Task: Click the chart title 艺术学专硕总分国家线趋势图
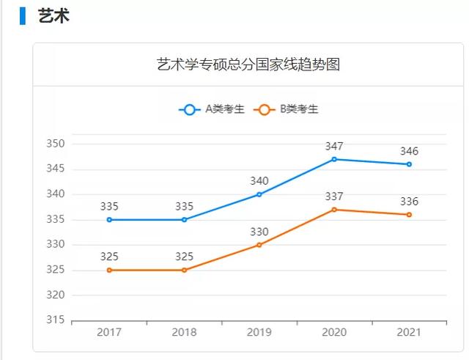249,65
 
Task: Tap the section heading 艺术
53,15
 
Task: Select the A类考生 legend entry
212,109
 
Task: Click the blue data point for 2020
334,159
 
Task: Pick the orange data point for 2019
259,245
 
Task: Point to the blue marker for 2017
109,219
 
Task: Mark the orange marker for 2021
409,215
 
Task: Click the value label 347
334,146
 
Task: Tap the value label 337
334,196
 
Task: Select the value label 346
409,151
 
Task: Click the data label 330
259,232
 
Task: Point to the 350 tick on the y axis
56,144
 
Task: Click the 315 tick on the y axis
56,320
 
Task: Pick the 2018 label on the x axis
184,333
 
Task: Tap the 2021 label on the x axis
409,333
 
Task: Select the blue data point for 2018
184,219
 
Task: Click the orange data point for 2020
334,210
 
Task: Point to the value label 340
259,181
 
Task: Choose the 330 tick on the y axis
56,245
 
